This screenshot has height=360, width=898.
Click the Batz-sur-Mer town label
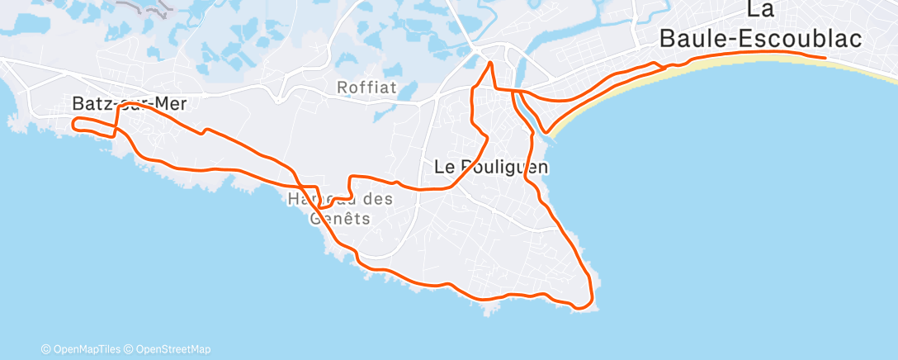[x=130, y=104]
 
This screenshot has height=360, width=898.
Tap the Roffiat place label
[x=366, y=87]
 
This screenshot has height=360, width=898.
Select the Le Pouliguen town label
[x=491, y=166]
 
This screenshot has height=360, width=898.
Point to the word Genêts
[x=339, y=219]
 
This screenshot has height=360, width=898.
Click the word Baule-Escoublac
[x=761, y=38]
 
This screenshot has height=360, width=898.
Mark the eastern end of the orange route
[x=825, y=58]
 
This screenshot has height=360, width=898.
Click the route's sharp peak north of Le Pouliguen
[x=490, y=63]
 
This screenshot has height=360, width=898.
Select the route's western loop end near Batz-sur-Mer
[x=74, y=125]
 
